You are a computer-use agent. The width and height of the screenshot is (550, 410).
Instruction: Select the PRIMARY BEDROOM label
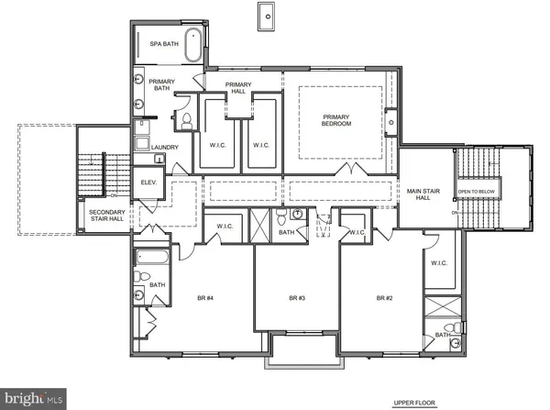(x=336, y=119)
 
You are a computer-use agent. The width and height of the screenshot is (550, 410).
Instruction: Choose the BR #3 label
(x=295, y=298)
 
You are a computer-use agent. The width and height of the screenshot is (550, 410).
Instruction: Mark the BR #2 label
(x=383, y=298)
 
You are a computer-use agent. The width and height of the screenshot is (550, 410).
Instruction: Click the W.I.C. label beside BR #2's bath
(x=440, y=263)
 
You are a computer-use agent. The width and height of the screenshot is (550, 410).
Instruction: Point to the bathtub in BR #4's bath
(x=151, y=258)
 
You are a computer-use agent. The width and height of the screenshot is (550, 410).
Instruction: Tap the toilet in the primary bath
(x=184, y=120)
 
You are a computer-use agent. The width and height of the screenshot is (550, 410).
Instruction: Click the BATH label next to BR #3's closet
(x=287, y=232)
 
